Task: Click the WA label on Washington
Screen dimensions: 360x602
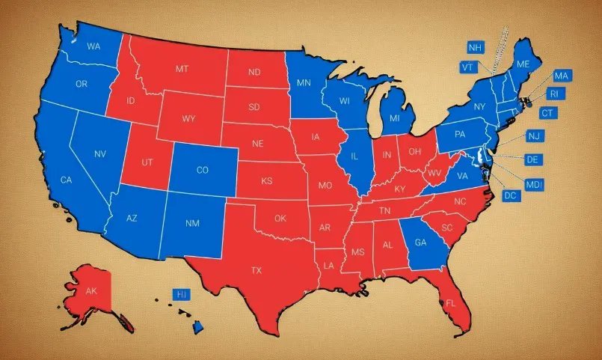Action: (93, 46)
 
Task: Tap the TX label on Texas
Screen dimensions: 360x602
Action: (257, 270)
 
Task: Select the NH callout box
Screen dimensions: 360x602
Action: (475, 48)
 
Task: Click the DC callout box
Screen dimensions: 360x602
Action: (511, 196)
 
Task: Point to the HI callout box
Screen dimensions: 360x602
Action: (180, 295)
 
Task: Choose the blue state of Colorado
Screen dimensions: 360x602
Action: (202, 170)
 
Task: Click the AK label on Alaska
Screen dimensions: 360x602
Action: (92, 291)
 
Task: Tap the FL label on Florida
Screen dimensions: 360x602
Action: (450, 304)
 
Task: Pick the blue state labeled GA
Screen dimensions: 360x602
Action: (420, 242)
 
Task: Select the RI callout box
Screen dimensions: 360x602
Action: (553, 94)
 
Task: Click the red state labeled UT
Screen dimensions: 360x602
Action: (148, 162)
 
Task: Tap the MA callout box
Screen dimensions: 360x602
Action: (562, 76)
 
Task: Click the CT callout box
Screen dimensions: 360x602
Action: (548, 113)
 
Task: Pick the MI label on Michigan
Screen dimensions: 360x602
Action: (394, 120)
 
